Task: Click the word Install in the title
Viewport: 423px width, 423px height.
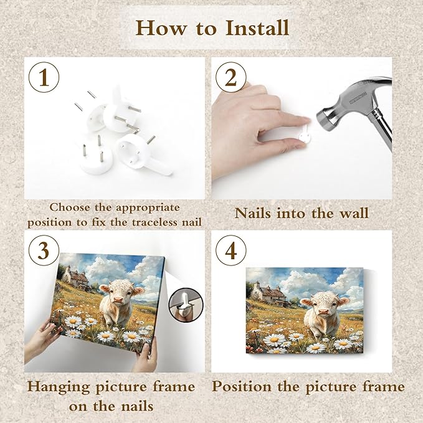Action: pyautogui.click(x=257, y=27)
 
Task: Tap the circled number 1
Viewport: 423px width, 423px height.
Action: pyautogui.click(x=44, y=77)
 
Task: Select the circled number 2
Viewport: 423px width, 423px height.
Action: pyautogui.click(x=231, y=77)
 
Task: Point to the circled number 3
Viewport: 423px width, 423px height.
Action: pyautogui.click(x=44, y=250)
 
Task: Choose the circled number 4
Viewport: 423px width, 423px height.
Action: pyautogui.click(x=231, y=250)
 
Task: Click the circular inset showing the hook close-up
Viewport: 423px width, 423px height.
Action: pyautogui.click(x=186, y=305)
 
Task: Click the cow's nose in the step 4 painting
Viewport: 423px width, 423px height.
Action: pyautogui.click(x=324, y=312)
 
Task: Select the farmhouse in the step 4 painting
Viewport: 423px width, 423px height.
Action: pyautogui.click(x=267, y=293)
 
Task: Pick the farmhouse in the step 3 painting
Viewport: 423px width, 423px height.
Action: pyautogui.click(x=75, y=277)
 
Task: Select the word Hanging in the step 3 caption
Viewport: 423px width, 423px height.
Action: pyautogui.click(x=59, y=387)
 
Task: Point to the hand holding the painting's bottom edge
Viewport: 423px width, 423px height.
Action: pyautogui.click(x=146, y=358)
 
